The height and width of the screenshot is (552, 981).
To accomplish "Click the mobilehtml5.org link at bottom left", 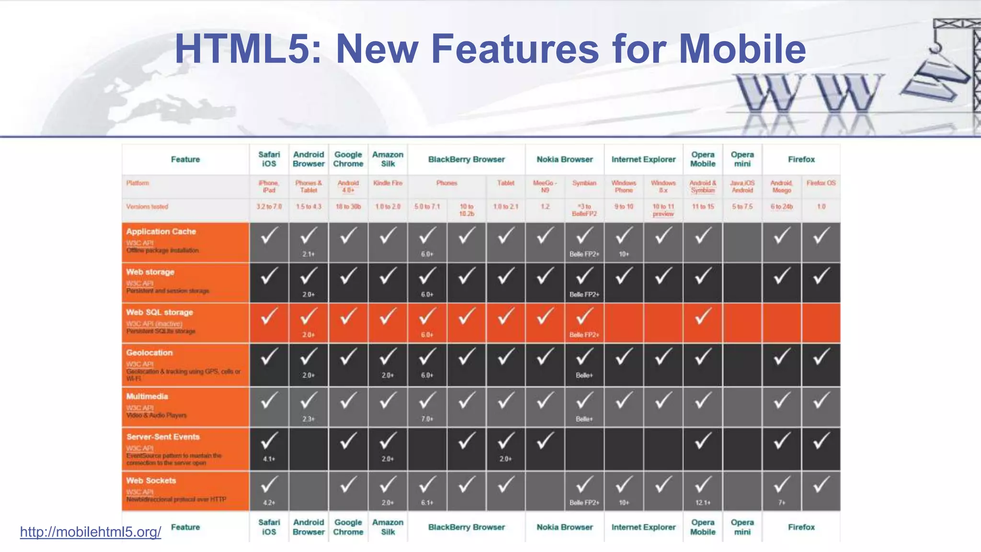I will click(x=91, y=532).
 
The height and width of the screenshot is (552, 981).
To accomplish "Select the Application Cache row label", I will click(x=161, y=231).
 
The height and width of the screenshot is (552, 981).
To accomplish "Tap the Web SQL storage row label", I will click(x=160, y=312).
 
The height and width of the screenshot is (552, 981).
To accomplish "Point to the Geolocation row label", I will click(x=149, y=353).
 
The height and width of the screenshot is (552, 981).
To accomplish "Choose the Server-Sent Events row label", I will click(x=163, y=437).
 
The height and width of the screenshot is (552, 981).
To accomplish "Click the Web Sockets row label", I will click(x=151, y=481).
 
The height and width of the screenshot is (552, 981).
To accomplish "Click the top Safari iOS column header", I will click(x=269, y=159).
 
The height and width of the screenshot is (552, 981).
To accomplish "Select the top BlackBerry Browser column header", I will click(x=466, y=160).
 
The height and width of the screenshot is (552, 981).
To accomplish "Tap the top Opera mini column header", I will click(x=742, y=159).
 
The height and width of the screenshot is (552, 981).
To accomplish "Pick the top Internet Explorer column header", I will click(x=643, y=160).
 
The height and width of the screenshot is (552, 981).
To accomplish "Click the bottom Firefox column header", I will click(x=801, y=527).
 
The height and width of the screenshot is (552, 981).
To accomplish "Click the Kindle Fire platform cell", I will click(x=388, y=183).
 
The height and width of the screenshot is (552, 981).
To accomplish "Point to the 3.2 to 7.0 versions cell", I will click(x=269, y=207).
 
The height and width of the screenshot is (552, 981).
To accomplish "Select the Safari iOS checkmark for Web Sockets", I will click(x=269, y=485).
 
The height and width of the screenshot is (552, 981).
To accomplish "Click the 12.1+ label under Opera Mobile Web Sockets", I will click(x=703, y=503).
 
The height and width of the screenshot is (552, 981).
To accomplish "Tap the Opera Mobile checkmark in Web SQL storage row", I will click(x=703, y=317).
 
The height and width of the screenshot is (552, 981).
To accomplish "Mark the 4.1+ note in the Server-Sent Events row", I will click(x=269, y=459).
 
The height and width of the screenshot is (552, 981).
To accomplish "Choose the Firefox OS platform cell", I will click(x=821, y=183).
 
